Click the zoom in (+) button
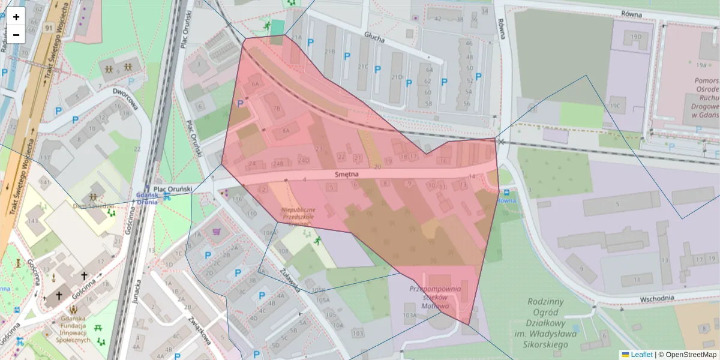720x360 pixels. coord(16,17)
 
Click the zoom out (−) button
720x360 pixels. coord(16,35)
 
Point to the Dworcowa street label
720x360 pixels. coord(125,100)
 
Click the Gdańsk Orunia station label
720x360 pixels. coord(146,199)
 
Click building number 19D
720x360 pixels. coord(636,37)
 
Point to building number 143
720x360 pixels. coord(32,221)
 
